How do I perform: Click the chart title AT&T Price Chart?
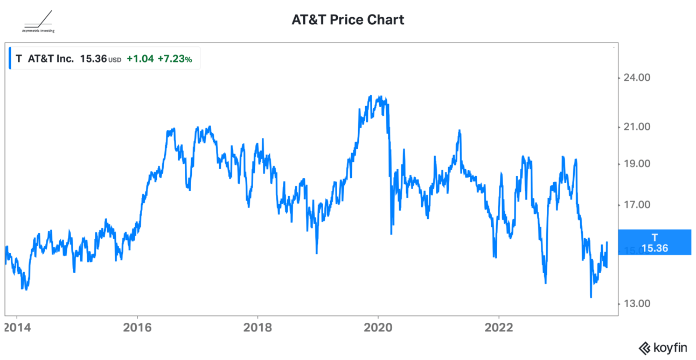coord(347,20)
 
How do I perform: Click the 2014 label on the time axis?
coord(17,328)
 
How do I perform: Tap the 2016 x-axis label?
coord(137,328)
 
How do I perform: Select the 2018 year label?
coord(257,328)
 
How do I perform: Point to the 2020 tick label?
coord(378,328)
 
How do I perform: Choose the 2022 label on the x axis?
coord(499,328)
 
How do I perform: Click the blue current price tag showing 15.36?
coord(655,242)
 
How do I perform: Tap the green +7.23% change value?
coord(175,59)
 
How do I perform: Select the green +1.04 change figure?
coord(140,59)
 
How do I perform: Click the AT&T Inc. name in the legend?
coord(51,59)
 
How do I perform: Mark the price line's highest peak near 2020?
coord(371,96)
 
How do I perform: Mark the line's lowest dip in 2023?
coord(591,297)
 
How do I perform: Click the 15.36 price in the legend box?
coord(93,59)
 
